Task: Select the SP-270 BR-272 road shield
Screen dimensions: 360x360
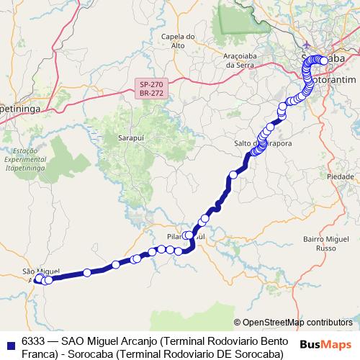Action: [152, 89]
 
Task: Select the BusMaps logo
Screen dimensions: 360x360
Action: [326, 344]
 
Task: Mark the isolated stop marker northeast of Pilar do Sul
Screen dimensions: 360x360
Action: [233, 174]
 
